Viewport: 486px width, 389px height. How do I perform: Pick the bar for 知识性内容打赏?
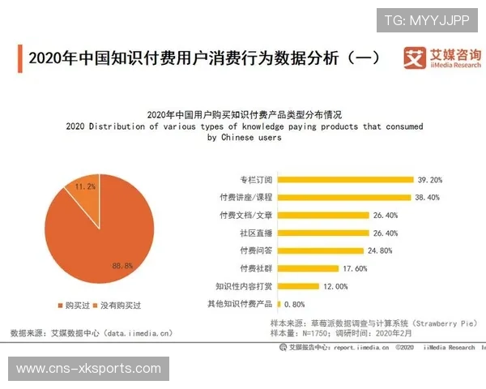(x=297, y=286)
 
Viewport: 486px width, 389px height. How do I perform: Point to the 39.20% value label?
(x=430, y=179)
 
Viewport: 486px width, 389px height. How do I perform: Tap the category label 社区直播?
(x=254, y=233)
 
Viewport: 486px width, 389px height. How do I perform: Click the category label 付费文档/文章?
(x=246, y=215)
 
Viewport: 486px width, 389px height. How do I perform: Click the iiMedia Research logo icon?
(x=415, y=58)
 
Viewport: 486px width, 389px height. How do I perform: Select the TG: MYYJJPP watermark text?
(x=426, y=19)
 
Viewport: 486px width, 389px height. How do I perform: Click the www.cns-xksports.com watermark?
(x=89, y=369)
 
